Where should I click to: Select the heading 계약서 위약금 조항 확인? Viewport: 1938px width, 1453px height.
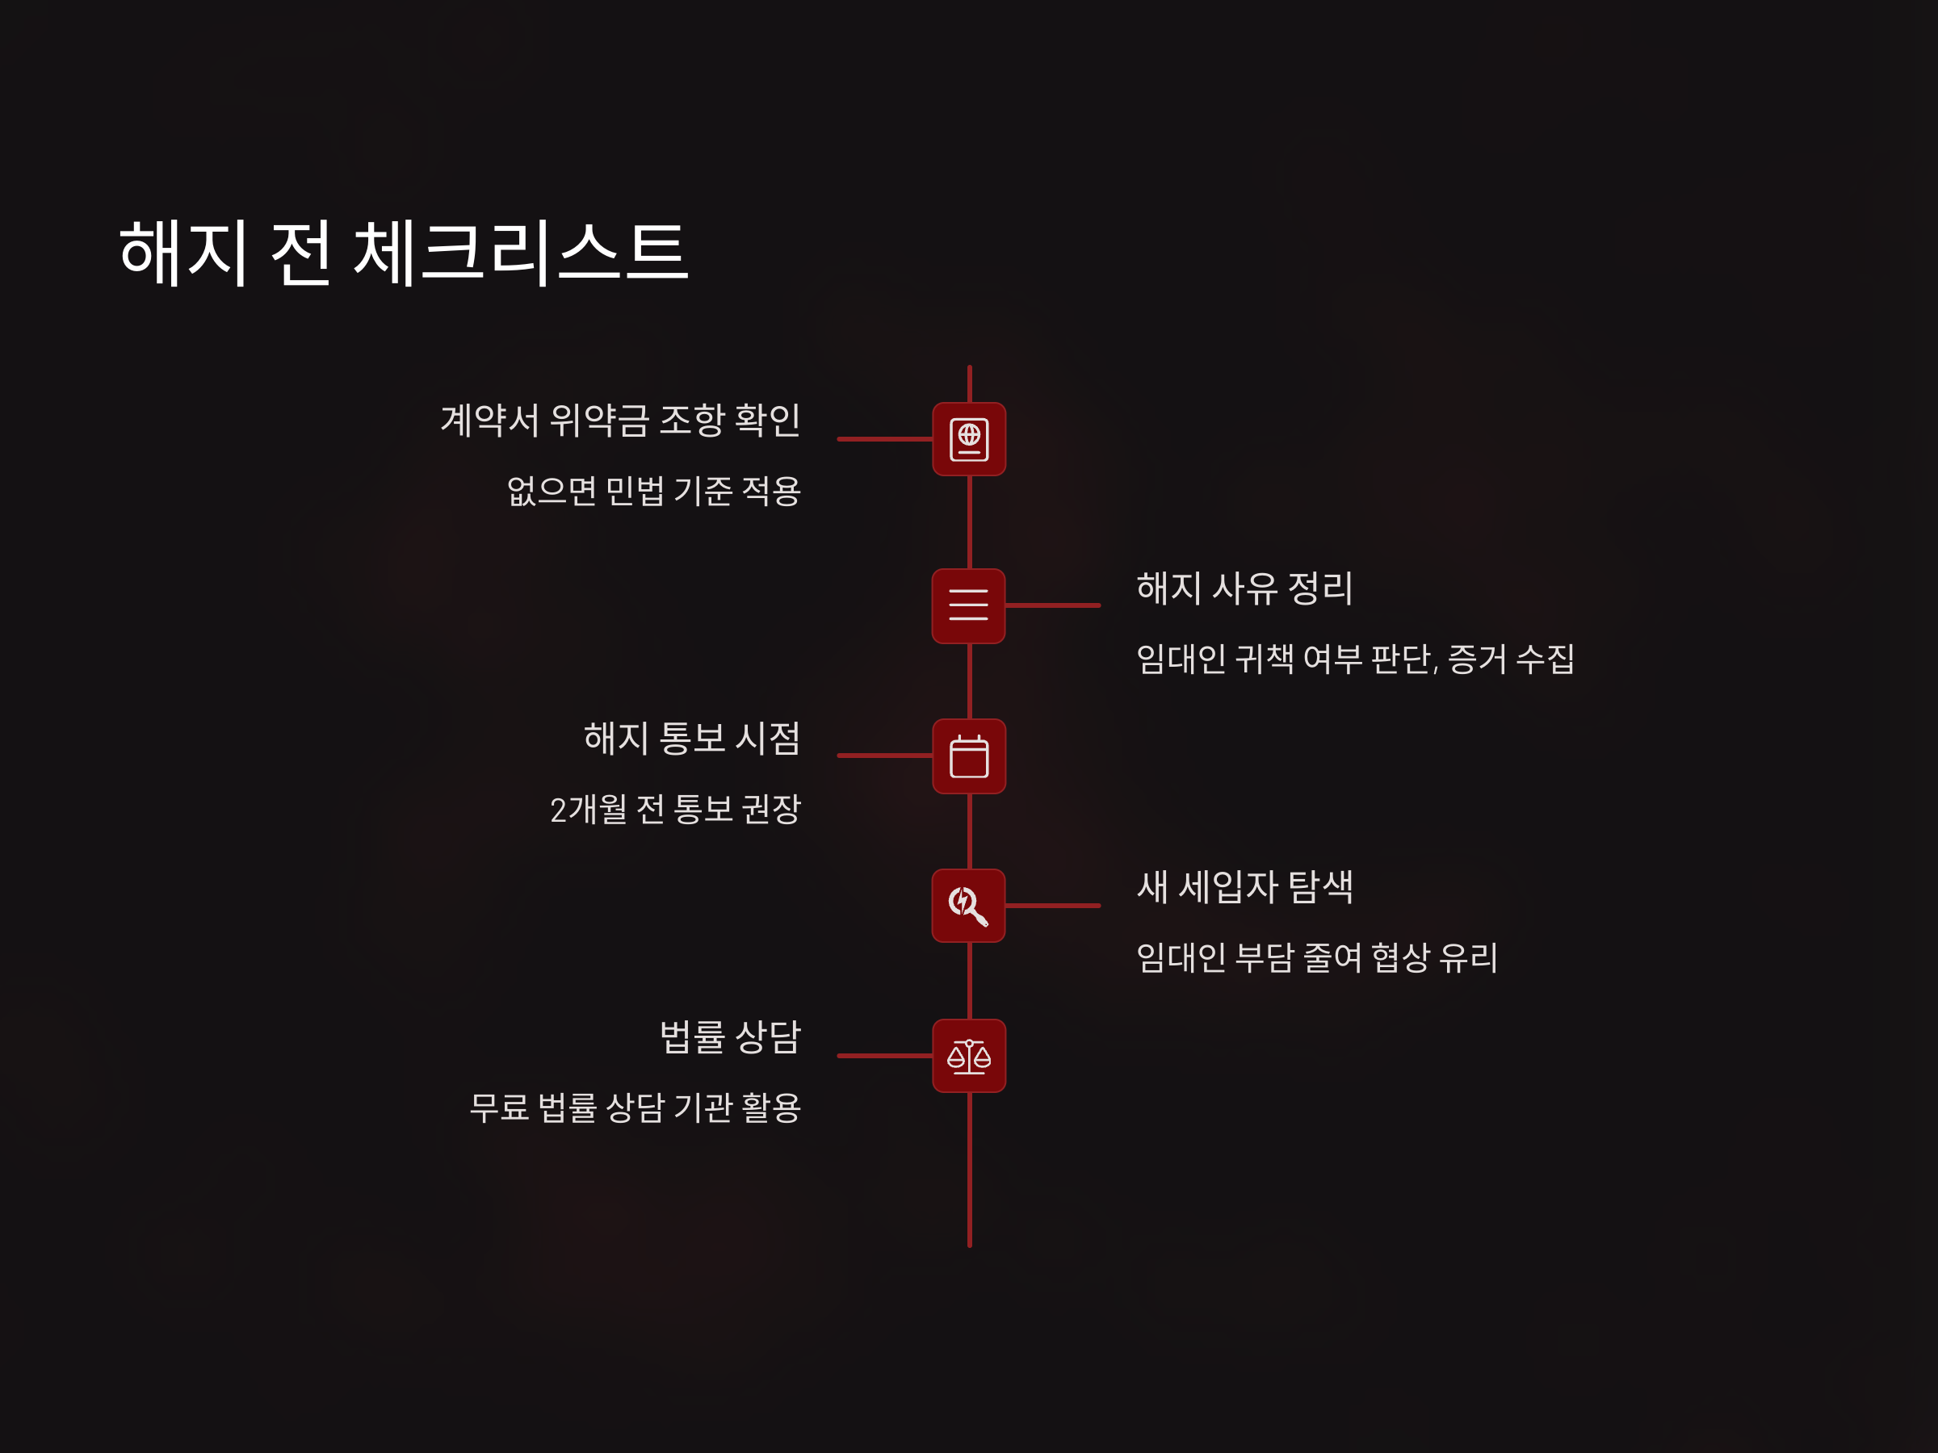619,421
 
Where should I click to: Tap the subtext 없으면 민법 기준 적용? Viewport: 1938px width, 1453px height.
653,492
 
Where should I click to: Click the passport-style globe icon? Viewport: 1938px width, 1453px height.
969,439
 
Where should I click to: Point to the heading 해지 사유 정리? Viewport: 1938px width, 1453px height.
1244,588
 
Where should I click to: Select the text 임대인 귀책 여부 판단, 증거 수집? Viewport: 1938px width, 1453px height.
1354,660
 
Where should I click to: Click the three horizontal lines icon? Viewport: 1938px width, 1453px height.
968,605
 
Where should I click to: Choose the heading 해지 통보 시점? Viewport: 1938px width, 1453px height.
692,739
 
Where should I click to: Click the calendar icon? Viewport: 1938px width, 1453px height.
969,756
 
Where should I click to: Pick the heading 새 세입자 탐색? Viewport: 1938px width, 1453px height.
1244,887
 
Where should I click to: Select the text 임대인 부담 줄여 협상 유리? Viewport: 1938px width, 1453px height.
1316,958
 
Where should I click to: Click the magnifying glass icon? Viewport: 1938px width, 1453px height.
968,906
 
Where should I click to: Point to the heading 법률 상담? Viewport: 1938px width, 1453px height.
730,1038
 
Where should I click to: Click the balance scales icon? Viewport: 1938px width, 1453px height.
969,1056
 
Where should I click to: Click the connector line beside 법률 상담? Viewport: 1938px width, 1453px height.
885,1056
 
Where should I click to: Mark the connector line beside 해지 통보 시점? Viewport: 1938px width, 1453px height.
885,756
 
